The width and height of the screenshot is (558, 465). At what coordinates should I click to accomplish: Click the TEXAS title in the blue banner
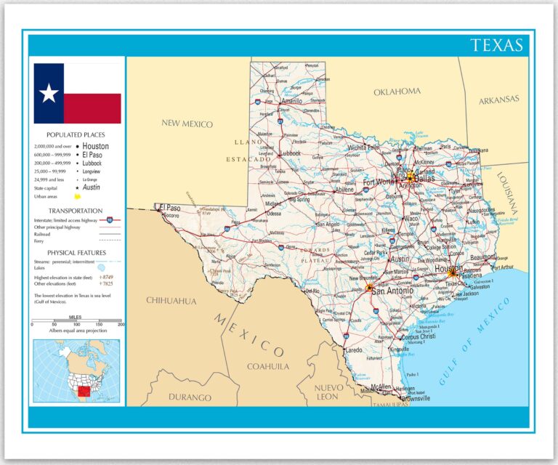point(496,45)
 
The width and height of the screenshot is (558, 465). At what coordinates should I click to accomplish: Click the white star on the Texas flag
point(49,93)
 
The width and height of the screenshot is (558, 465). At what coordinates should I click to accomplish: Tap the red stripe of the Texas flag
point(92,108)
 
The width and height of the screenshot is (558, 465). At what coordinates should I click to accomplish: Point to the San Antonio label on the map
point(393,290)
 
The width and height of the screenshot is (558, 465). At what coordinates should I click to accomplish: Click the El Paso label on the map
point(169,206)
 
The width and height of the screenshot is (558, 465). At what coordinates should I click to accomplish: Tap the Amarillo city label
point(292,101)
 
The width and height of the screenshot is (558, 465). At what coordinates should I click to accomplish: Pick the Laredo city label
point(353,349)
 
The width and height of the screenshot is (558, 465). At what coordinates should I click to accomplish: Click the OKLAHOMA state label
point(397,92)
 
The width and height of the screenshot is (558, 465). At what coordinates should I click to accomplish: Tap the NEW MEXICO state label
point(187,124)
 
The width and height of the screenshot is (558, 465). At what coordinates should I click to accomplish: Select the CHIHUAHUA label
point(171,300)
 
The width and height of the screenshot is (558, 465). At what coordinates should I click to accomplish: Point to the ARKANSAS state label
point(499,100)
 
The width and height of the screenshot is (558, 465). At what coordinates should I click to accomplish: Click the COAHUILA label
point(268,366)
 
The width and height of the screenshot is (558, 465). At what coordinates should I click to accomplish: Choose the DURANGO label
point(190,397)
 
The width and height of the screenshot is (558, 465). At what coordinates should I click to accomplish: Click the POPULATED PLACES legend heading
point(76,135)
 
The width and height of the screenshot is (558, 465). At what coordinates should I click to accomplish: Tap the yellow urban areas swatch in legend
point(76,196)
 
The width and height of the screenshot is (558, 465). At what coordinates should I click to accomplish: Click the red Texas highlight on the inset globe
point(85,392)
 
